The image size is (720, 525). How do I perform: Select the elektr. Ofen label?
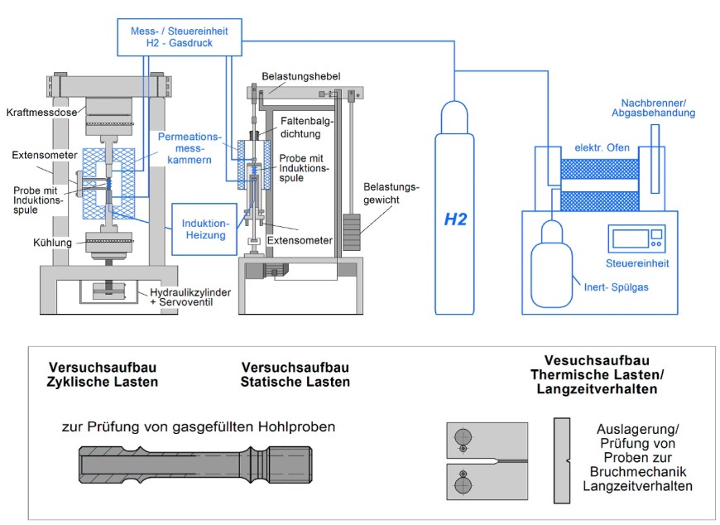click(x=602, y=148)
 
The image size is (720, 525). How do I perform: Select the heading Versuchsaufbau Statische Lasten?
click(x=295, y=374)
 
